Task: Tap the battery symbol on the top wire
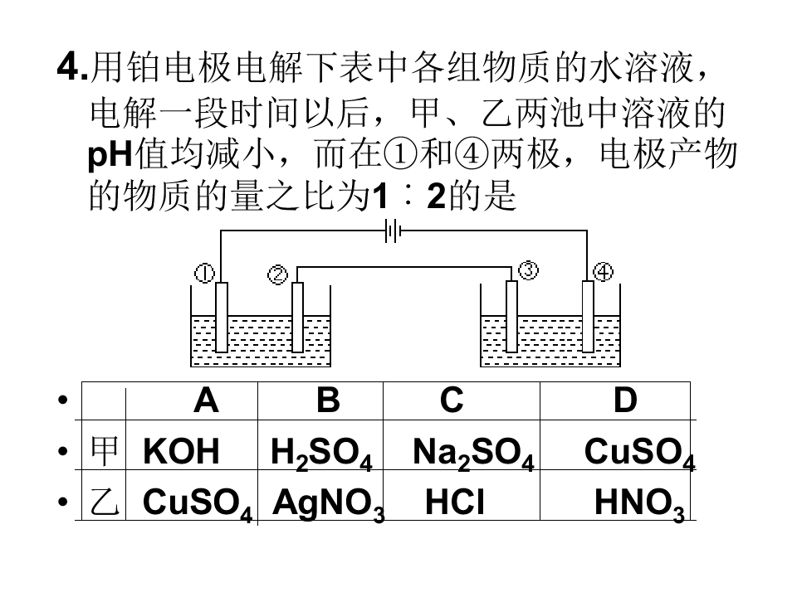coord(393,231)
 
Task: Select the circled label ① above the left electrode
coord(204,274)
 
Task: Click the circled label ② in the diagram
coord(277,274)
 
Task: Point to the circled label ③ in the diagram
coord(528,269)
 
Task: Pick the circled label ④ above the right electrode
coord(604,273)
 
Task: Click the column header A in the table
coord(206,400)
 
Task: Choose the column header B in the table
coord(328,400)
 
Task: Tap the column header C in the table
coord(452,400)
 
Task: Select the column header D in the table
coord(625,400)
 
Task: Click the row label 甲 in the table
coord(105,450)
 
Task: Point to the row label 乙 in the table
coord(105,502)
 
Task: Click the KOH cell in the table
coord(181,451)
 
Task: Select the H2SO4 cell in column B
coord(321,454)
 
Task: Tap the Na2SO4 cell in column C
coord(473,454)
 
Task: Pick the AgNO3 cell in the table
coord(329,505)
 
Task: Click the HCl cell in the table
coord(455,502)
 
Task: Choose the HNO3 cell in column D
coord(639,505)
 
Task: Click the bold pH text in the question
coord(110,154)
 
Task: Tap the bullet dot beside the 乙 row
coord(63,502)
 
